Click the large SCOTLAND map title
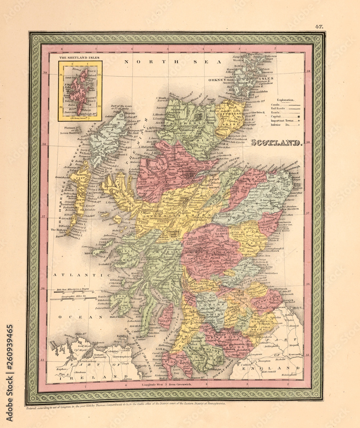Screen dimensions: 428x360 point(276,143)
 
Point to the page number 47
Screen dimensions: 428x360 point(319,27)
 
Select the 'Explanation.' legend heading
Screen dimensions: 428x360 point(285,100)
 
